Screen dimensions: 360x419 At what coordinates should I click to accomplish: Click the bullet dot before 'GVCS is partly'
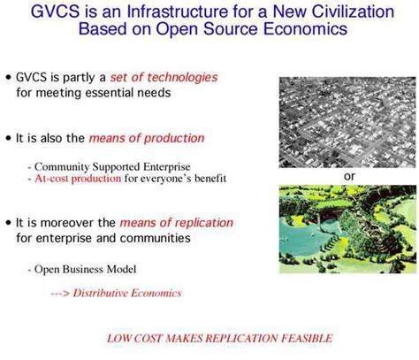[x=9, y=78]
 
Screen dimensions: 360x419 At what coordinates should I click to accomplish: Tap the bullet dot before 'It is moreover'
[x=9, y=221]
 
